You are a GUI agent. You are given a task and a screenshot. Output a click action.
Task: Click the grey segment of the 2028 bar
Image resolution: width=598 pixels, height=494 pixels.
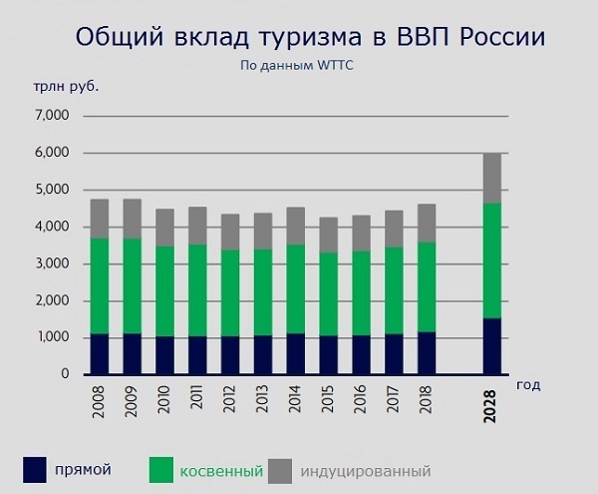click(x=492, y=178)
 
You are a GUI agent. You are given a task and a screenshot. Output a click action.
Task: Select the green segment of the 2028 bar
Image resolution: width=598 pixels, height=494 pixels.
click(x=492, y=260)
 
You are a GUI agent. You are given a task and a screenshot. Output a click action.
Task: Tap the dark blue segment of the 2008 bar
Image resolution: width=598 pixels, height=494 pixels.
click(x=99, y=354)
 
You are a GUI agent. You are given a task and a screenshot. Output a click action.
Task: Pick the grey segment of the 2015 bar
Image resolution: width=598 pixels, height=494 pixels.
click(x=328, y=235)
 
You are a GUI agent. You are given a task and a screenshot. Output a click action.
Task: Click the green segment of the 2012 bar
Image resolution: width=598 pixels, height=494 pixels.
click(x=230, y=293)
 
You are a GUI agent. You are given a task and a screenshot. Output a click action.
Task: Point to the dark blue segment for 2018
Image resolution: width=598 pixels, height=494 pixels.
click(x=427, y=353)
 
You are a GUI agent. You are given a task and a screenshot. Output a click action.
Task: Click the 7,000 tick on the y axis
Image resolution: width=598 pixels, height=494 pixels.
click(x=52, y=115)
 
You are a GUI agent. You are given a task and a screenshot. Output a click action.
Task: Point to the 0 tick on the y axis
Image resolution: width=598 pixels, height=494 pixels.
click(x=65, y=374)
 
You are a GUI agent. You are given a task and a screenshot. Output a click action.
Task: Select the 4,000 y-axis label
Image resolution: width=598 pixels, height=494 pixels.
click(x=52, y=227)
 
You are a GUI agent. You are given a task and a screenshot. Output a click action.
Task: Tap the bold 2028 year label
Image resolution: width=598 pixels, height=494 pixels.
click(x=489, y=406)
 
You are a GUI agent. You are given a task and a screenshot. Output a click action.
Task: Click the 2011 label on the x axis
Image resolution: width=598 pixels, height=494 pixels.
click(x=196, y=397)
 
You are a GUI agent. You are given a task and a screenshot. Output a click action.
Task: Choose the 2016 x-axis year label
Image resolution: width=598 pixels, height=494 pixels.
click(x=360, y=399)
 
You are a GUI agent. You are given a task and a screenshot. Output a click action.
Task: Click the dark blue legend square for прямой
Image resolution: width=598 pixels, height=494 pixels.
click(x=35, y=470)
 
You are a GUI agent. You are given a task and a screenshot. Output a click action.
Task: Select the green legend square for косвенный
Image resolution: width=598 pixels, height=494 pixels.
click(x=161, y=470)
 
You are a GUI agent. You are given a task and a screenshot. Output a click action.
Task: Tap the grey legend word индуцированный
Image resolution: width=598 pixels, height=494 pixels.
click(x=366, y=471)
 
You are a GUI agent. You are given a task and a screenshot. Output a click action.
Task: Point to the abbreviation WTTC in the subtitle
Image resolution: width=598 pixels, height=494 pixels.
click(x=335, y=65)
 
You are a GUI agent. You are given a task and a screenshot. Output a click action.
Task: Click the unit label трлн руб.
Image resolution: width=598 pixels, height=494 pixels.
click(x=66, y=88)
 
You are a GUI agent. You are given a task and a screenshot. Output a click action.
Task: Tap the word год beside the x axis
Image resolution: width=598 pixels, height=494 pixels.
click(x=528, y=385)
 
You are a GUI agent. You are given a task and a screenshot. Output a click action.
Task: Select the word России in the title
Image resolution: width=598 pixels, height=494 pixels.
click(x=502, y=37)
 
